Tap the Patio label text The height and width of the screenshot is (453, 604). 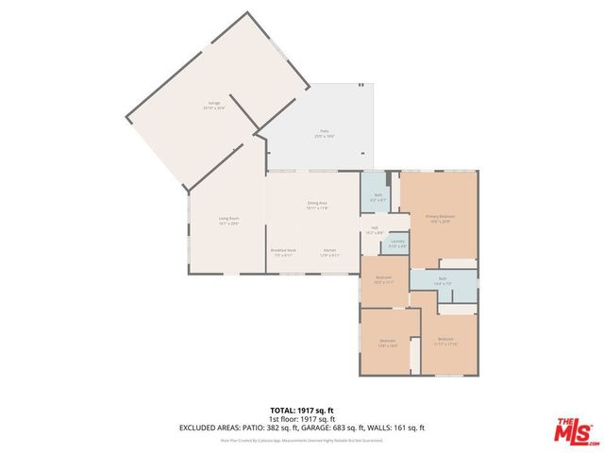pyautogui.click(x=324, y=133)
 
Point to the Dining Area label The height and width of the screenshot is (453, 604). pyautogui.click(x=316, y=205)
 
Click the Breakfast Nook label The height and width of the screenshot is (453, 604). pyautogui.click(x=283, y=252)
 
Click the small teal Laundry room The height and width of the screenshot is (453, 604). pyautogui.click(x=397, y=244)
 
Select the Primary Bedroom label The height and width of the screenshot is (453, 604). pyautogui.click(x=440, y=218)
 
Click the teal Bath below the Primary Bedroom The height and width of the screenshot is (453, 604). pyautogui.click(x=442, y=280)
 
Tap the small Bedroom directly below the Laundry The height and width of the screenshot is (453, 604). pyautogui.click(x=384, y=279)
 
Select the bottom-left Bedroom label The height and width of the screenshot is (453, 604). pyautogui.click(x=388, y=342)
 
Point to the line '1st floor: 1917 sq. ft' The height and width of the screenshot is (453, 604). pyautogui.click(x=301, y=420)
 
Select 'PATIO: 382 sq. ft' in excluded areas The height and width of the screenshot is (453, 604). pyautogui.click(x=277, y=428)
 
